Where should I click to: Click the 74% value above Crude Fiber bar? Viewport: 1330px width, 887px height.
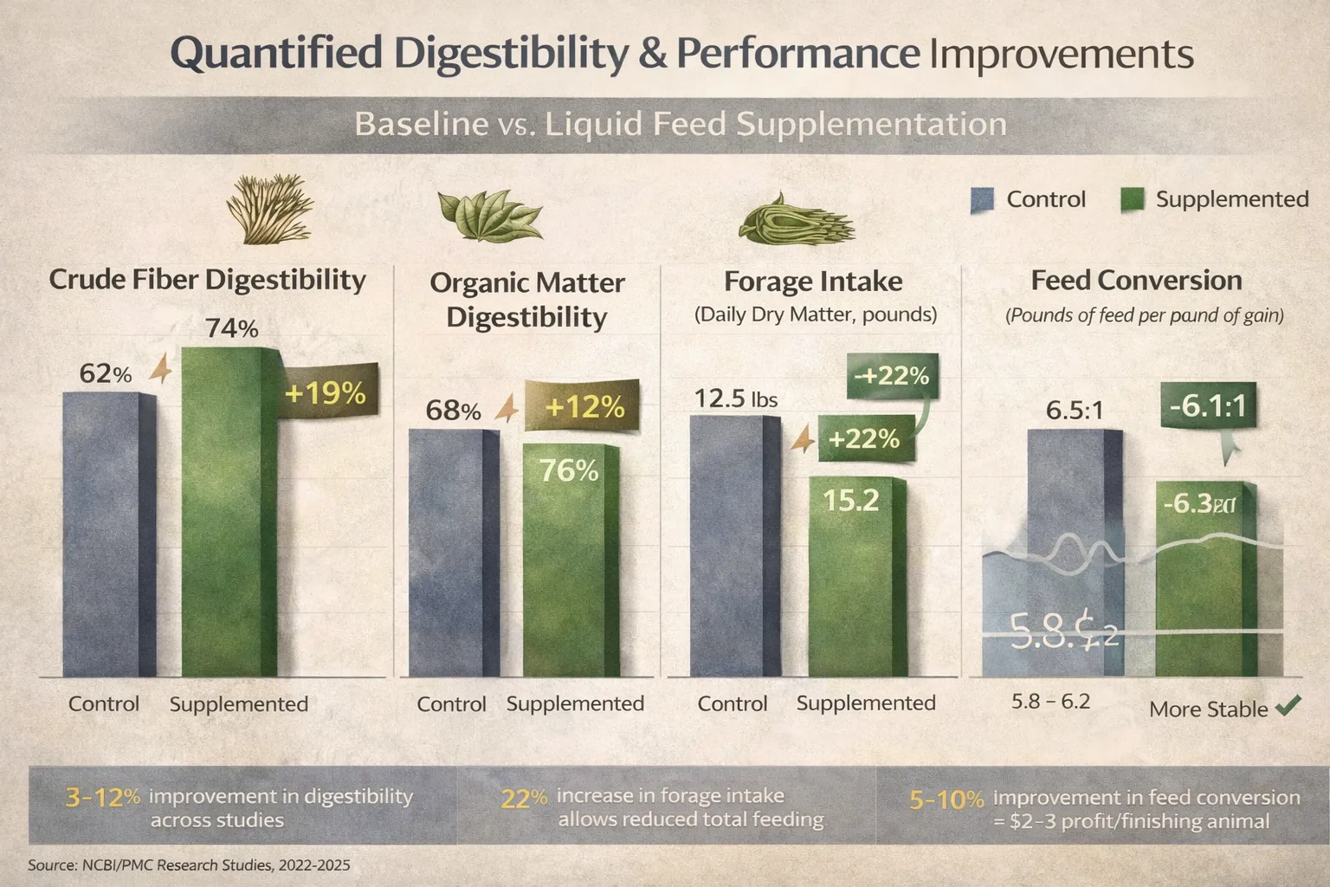231,329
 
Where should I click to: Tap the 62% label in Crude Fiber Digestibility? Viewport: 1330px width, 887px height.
105,373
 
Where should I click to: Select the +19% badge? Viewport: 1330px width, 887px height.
326,393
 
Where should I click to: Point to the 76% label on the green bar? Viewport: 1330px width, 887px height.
568,470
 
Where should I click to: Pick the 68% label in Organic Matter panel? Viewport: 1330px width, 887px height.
453,410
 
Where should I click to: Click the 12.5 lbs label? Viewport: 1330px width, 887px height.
735,398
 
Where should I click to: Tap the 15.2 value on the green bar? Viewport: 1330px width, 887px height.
850,500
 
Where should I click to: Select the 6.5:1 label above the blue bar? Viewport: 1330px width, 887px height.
1074,410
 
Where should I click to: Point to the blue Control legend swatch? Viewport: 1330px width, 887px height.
981,200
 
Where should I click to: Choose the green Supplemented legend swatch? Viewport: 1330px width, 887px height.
1132,200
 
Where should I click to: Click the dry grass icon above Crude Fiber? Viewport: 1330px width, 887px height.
269,210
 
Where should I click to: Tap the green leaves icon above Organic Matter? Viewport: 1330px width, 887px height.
489,216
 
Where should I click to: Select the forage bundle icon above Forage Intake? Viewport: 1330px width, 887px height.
795,218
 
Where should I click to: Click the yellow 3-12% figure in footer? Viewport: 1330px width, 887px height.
102,797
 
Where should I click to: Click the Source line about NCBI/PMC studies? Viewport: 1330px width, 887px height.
189,865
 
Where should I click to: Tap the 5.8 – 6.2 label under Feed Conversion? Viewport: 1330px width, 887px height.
1050,701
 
